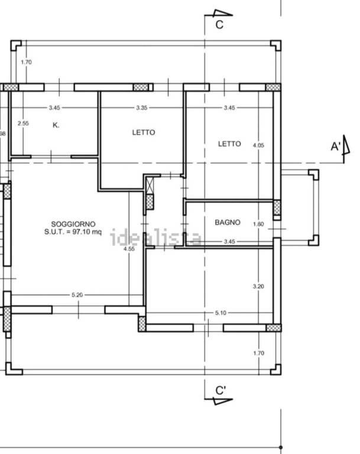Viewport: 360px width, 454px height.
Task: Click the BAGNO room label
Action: [228, 222]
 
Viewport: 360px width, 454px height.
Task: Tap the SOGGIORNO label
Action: [73, 224]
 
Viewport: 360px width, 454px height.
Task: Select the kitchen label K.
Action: [56, 125]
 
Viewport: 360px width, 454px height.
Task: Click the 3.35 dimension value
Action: [142, 108]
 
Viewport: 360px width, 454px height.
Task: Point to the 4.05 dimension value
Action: [258, 145]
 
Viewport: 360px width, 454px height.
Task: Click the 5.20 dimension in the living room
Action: [77, 295]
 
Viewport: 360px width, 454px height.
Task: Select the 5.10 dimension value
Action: [220, 313]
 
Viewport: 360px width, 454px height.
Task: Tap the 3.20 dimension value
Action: [258, 286]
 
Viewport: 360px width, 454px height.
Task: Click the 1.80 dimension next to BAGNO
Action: [258, 224]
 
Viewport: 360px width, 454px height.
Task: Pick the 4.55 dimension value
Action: [129, 249]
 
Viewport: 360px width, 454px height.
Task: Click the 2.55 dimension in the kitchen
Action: [23, 124]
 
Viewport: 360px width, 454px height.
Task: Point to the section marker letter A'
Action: [336, 147]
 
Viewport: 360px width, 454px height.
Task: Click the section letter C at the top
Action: [219, 25]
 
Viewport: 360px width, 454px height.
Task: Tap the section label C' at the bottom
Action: [220, 391]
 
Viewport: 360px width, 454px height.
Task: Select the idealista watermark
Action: [155, 238]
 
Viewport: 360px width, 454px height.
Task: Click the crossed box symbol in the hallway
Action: [150, 186]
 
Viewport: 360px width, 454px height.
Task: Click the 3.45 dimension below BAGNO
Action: [229, 241]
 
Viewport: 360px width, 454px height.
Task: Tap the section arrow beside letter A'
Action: [346, 145]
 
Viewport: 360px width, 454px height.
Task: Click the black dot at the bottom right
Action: [281, 447]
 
